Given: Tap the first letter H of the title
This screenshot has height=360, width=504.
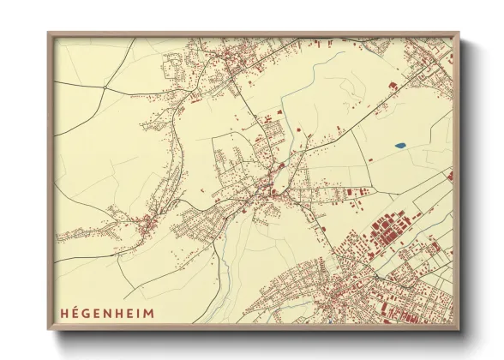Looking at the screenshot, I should [64, 311].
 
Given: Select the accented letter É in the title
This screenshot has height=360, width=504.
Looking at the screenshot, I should [74, 311].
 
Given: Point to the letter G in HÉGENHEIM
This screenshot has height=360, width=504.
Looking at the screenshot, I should [83, 311].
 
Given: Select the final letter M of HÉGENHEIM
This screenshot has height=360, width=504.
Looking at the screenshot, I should [138, 311].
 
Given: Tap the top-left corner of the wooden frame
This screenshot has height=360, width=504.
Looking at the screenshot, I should [48, 33].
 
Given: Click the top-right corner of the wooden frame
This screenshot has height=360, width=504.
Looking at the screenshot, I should [459, 33].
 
